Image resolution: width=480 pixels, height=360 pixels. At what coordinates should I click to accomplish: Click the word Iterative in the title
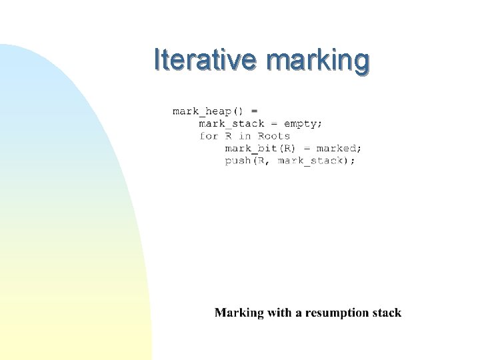click(x=204, y=59)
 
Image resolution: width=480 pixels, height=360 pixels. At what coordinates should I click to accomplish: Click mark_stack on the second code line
click(x=231, y=123)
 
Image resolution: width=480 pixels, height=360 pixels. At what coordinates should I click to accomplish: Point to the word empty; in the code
click(x=303, y=123)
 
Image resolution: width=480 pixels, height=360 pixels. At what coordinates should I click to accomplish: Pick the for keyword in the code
click(x=209, y=136)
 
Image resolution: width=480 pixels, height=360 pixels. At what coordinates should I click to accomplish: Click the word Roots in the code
click(x=274, y=136)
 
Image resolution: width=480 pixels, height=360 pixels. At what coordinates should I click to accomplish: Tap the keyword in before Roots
click(x=245, y=136)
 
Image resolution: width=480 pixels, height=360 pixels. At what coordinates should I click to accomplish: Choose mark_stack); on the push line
click(x=317, y=161)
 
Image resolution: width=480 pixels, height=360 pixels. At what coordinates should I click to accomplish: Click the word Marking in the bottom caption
click(x=239, y=313)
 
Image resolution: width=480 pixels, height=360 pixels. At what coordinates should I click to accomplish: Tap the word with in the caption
click(x=279, y=313)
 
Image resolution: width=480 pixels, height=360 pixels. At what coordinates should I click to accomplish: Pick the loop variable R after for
click(x=228, y=136)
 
